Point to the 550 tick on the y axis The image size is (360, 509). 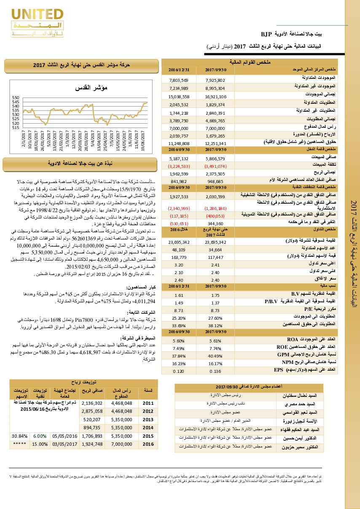pyautogui.click(x=16, y=97)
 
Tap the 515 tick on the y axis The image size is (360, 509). pyautogui.click(x=16, y=127)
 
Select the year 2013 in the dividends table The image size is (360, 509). pyautogui.click(x=148, y=420)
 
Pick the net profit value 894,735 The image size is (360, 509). pyautogui.click(x=93, y=428)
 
